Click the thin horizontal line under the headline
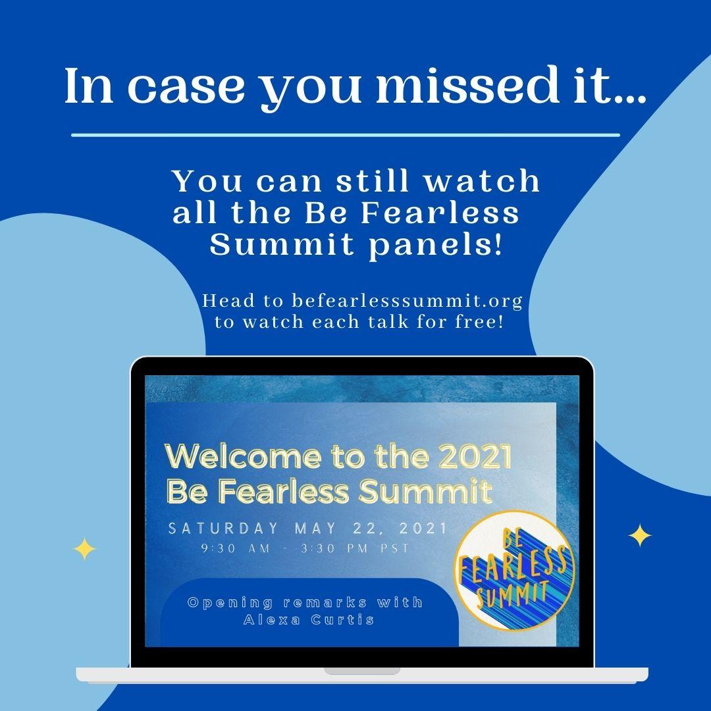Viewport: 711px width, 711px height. tap(346, 135)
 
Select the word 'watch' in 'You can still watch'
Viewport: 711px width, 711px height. tap(482, 180)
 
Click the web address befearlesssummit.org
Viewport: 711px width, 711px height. tap(407, 301)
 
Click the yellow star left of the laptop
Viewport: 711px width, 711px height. tap(84, 549)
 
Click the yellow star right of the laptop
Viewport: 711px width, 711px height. tap(640, 535)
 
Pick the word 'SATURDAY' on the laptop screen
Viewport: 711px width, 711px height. tap(224, 528)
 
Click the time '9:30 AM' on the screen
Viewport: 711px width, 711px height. tap(236, 548)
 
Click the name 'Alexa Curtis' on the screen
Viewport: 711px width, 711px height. tap(309, 620)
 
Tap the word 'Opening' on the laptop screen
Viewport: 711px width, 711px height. tap(230, 603)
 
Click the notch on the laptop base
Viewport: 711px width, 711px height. tap(362, 671)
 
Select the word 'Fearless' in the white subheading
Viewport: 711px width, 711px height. tap(440, 213)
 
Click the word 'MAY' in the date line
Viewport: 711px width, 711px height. tap(315, 528)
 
